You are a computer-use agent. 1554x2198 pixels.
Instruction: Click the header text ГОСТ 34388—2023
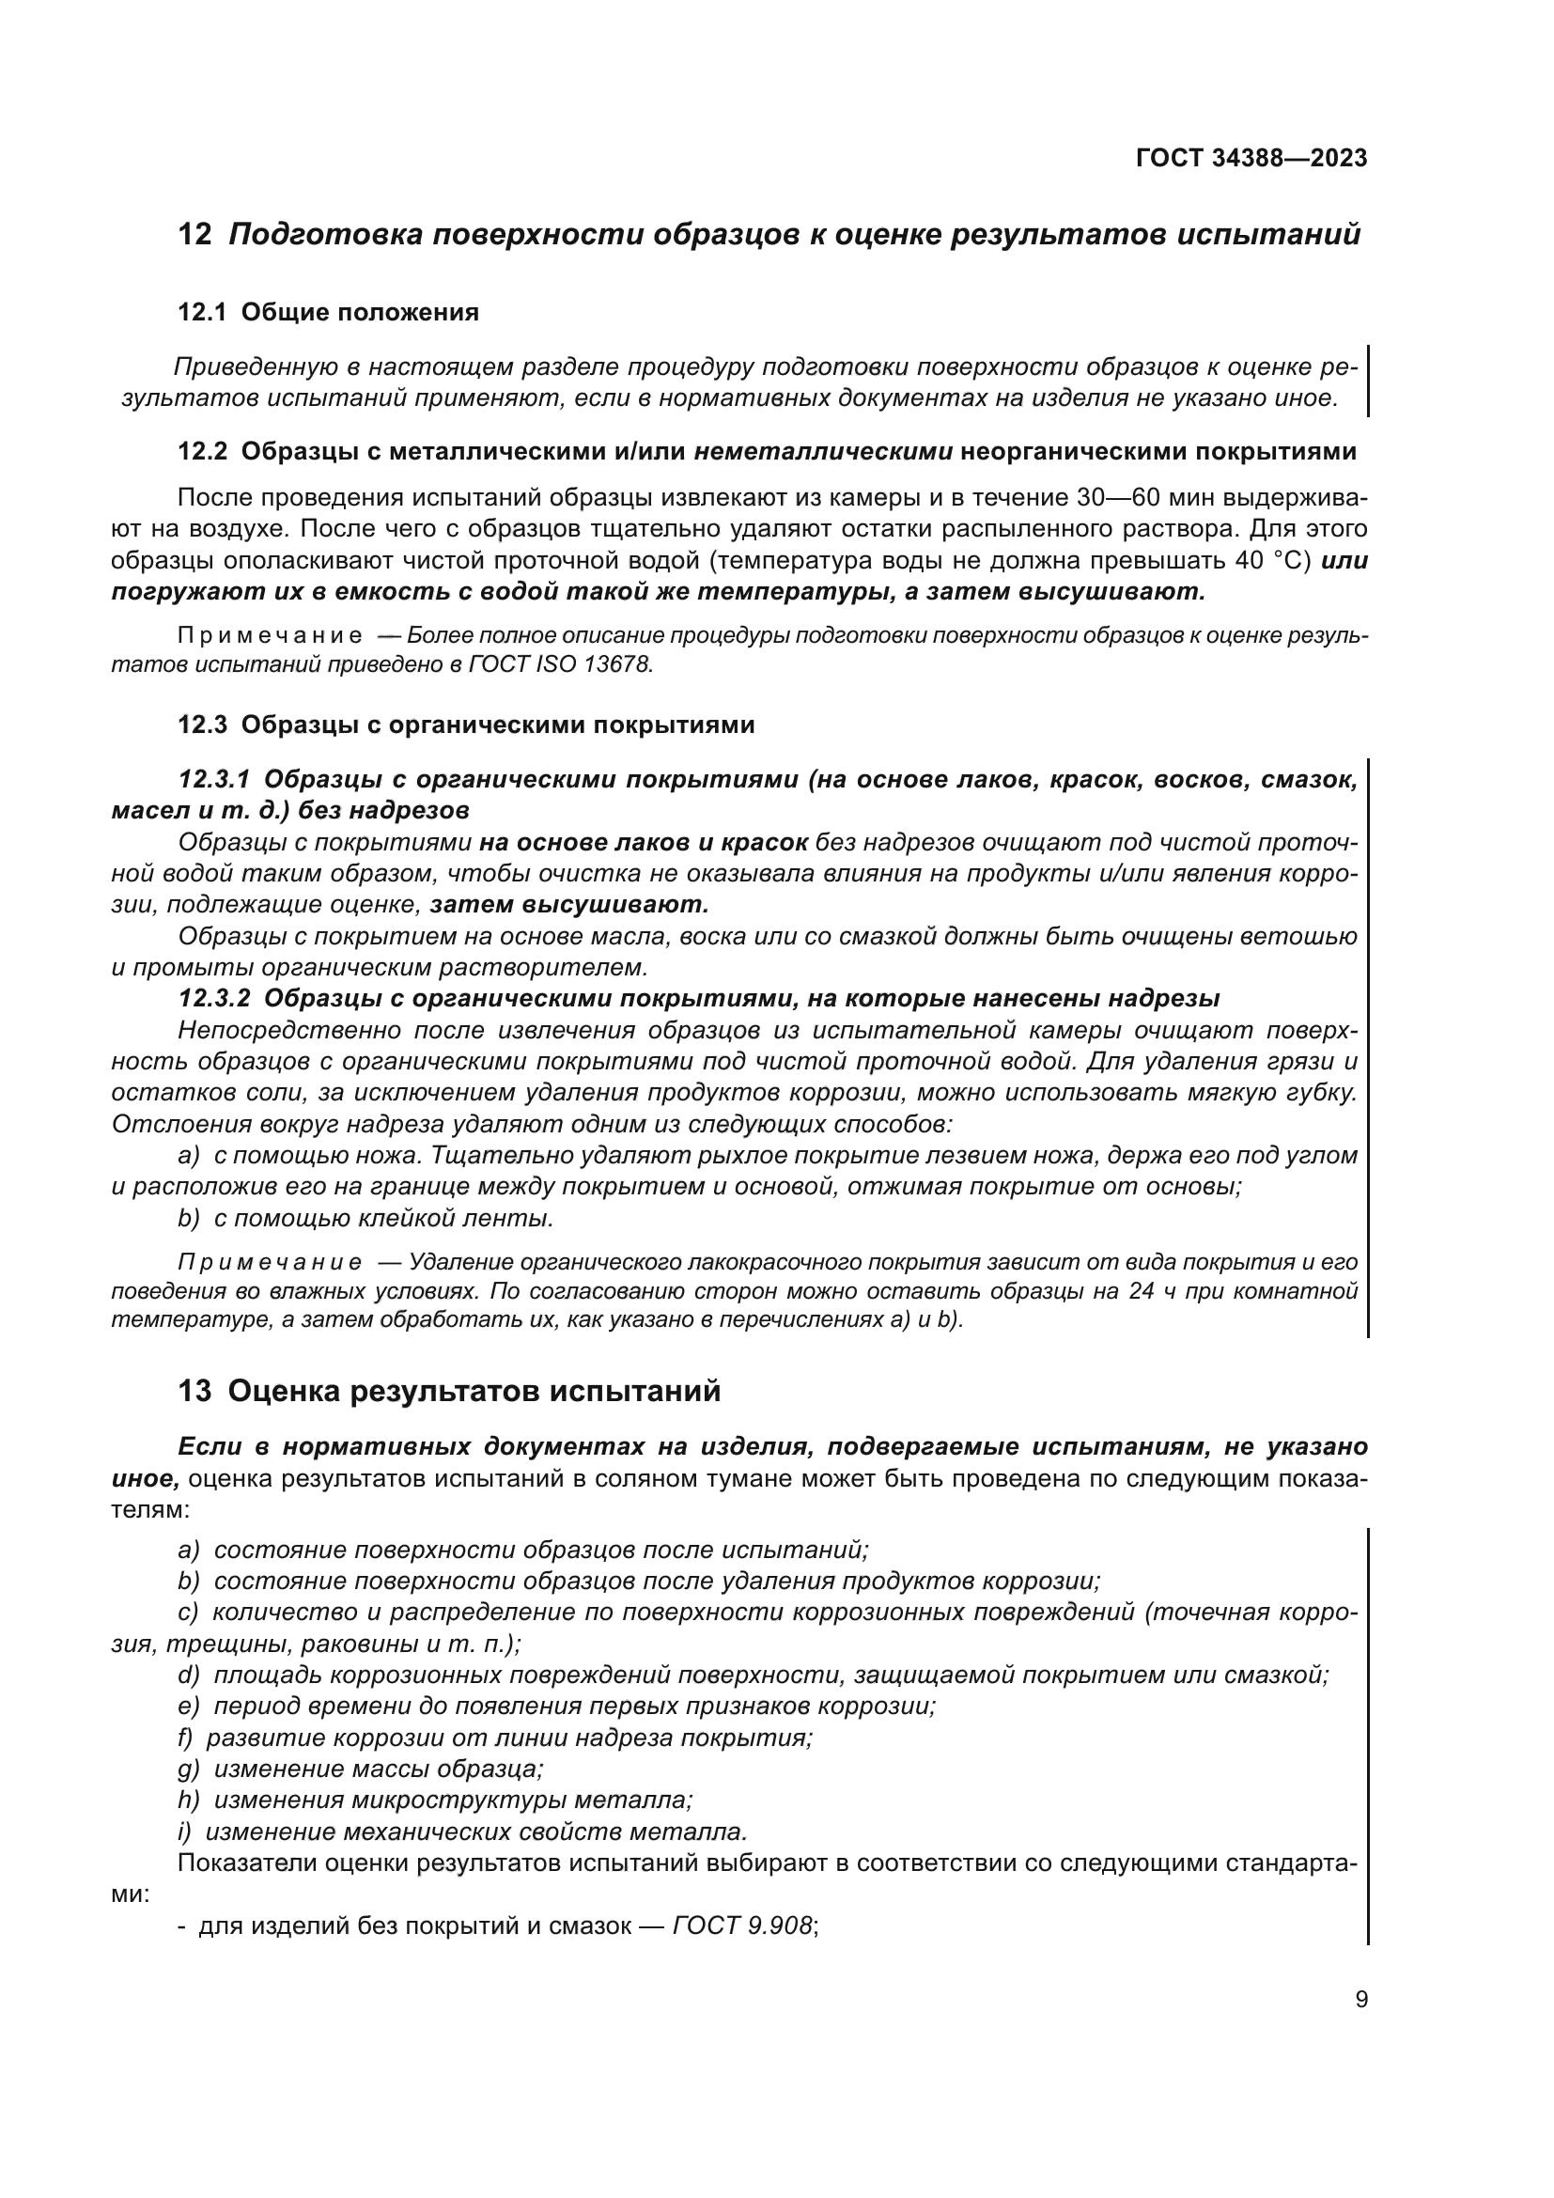pyautogui.click(x=1251, y=159)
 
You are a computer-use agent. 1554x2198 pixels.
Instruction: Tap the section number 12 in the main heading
pyautogui.click(x=195, y=235)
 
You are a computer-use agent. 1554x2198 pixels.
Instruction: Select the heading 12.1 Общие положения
pyautogui.click(x=328, y=312)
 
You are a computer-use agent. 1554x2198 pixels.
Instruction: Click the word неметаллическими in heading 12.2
pyautogui.click(x=823, y=452)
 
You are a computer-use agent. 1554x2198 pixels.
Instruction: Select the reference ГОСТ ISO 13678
pyautogui.click(x=561, y=664)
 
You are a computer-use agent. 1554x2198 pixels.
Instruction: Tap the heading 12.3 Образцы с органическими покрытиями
pyautogui.click(x=466, y=725)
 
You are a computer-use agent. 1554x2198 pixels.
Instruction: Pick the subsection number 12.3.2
pyautogui.click(x=214, y=999)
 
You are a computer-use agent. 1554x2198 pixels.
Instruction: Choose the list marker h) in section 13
pyautogui.click(x=189, y=1800)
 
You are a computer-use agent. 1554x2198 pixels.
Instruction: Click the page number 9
pyautogui.click(x=1360, y=2001)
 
